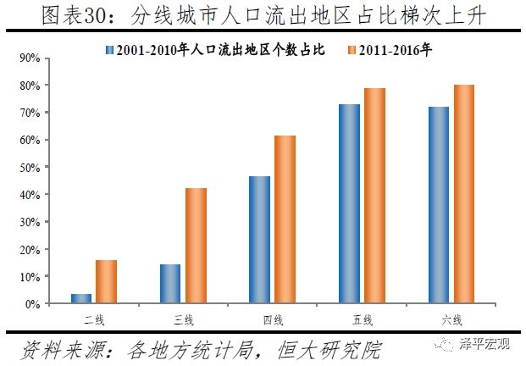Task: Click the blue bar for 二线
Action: pos(81,298)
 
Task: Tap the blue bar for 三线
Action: pos(170,284)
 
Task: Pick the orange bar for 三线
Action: pos(196,246)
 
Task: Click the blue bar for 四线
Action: pos(259,240)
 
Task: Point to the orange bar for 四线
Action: pos(285,219)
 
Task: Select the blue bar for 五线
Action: pos(349,203)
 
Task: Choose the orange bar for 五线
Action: pos(374,196)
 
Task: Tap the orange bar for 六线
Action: pos(464,194)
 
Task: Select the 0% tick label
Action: pos(33,304)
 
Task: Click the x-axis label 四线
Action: pos(273,319)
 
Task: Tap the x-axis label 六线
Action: pos(451,319)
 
